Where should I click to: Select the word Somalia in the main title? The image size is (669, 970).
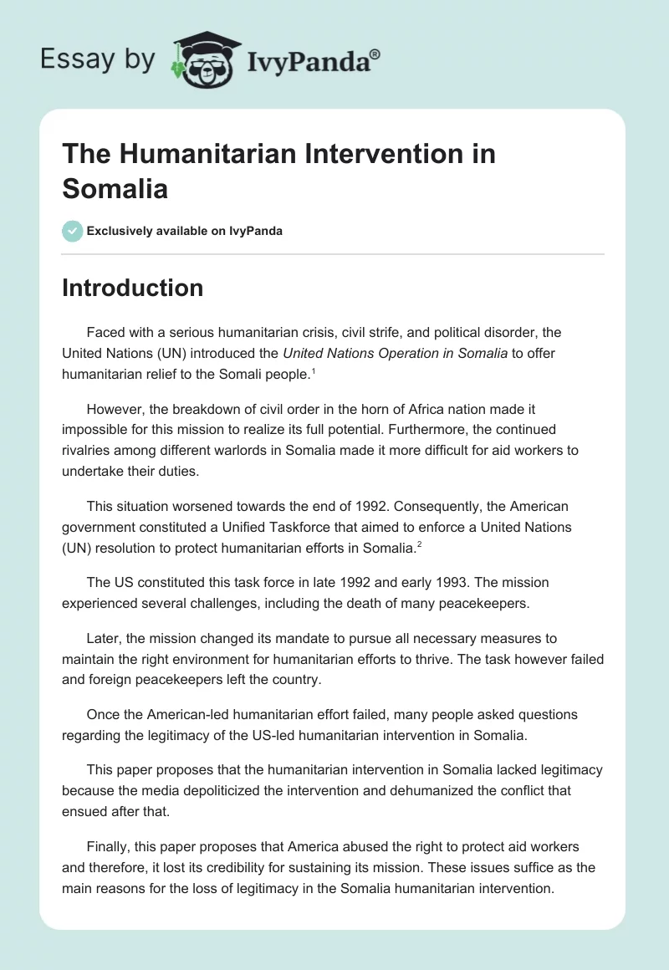coord(115,188)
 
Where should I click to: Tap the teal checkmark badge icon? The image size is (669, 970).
coord(73,231)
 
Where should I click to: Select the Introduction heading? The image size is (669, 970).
coord(132,288)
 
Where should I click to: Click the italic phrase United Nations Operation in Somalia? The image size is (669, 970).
coord(395,353)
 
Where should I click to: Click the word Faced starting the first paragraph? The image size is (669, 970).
coord(104,332)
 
